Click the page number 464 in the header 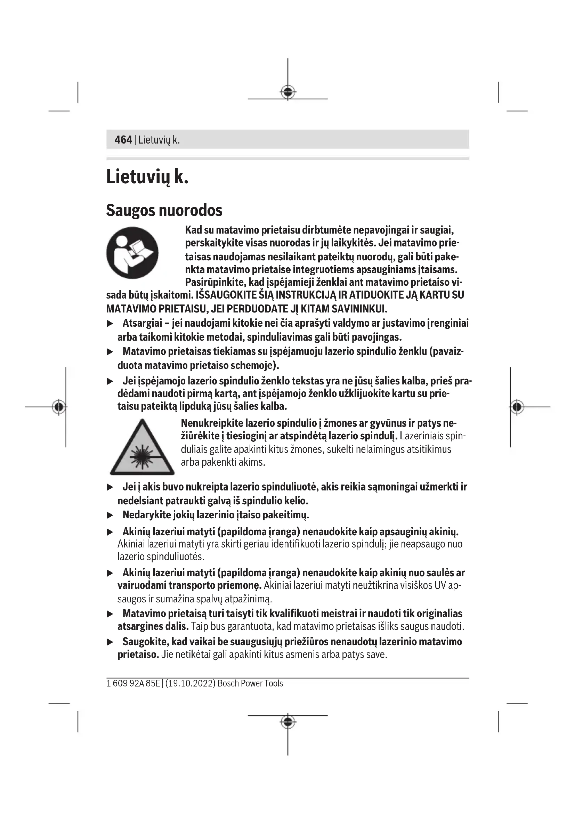(123, 140)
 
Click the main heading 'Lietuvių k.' (147, 176)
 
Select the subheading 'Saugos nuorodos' (164, 210)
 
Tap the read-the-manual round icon (132, 253)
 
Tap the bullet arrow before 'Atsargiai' (110, 324)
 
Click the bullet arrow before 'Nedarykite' (110, 515)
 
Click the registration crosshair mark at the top (288, 92)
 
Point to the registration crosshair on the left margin (59, 407)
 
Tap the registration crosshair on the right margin (517, 407)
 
